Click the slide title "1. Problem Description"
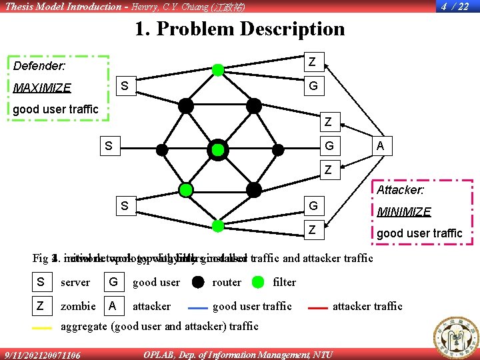239,29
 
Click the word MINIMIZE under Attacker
404,212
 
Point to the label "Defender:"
39,66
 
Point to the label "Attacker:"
401,190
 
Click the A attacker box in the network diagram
379,146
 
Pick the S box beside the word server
41,282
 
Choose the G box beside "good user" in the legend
113,282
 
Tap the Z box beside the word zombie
41,306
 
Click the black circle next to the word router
198,282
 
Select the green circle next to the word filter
258,282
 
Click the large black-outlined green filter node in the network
217,150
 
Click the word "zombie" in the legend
78,306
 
